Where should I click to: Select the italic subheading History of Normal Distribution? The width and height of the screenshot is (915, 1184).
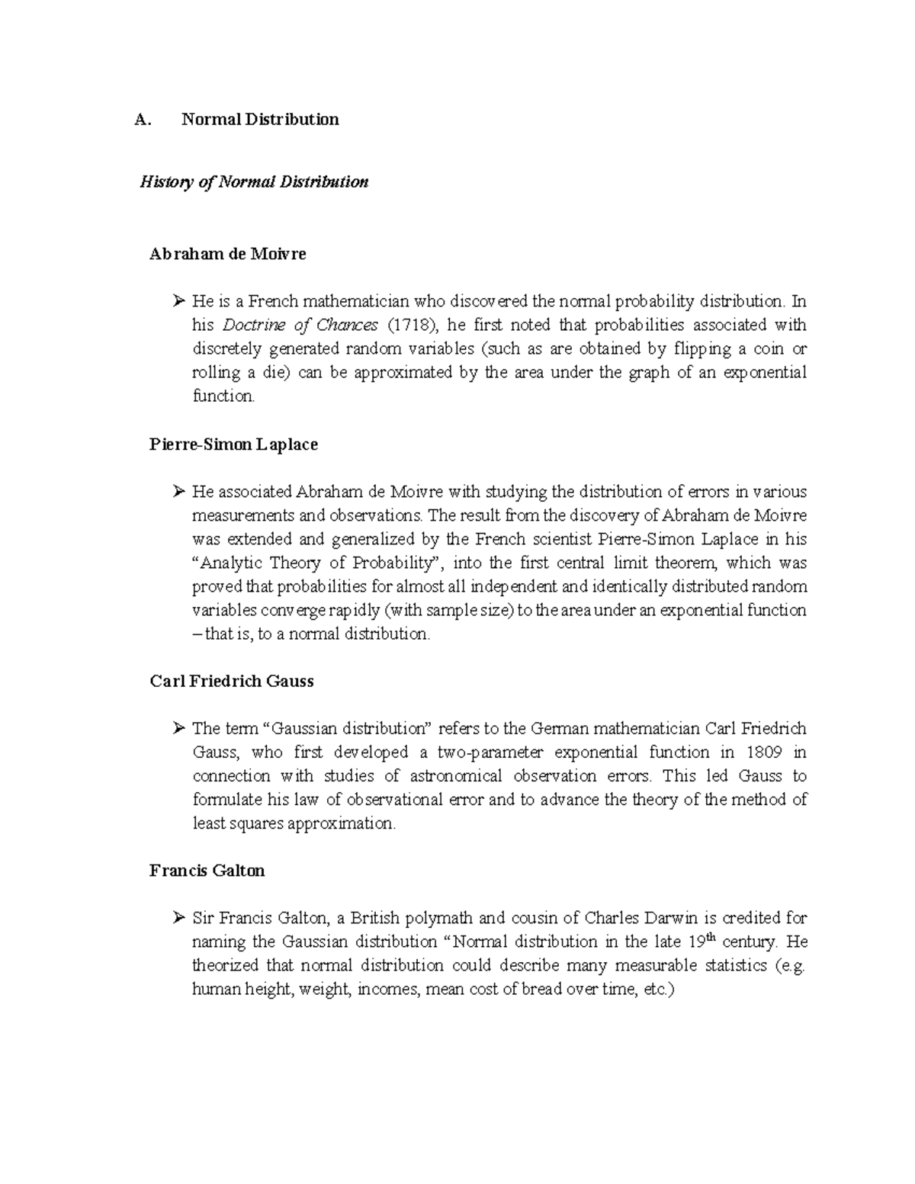tap(253, 182)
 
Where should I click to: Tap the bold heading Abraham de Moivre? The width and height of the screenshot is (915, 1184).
tap(228, 255)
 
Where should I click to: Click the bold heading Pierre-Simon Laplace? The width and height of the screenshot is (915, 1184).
tap(233, 444)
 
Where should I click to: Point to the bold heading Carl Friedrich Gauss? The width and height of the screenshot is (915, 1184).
tap(232, 682)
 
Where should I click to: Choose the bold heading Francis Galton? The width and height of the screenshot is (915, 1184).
tap(207, 871)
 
